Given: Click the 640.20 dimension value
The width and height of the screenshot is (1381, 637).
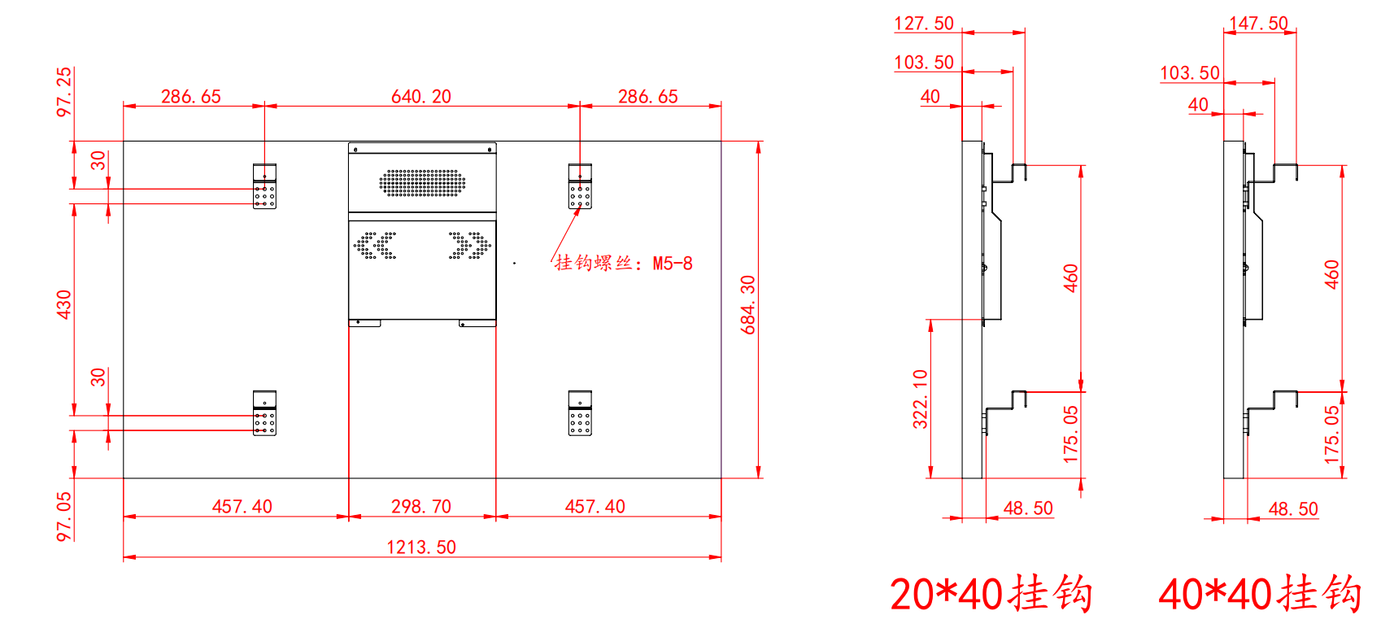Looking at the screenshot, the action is coord(421,96).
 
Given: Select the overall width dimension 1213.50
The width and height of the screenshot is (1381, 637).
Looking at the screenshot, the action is coord(421,547).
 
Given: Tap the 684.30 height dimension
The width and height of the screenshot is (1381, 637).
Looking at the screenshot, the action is coord(747,304).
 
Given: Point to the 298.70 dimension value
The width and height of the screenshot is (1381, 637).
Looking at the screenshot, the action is coord(421,506).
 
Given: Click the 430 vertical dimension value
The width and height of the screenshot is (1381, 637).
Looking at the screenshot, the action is coord(64,304).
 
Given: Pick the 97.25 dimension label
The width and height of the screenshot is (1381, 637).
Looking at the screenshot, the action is coord(64,92).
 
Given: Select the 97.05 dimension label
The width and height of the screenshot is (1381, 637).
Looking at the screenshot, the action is coord(64,517).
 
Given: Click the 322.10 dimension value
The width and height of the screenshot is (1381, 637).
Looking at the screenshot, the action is coord(920,399).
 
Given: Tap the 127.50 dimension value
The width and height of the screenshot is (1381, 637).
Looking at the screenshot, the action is coord(924,24).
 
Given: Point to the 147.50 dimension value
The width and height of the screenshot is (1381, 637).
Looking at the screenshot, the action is coord(1258,24).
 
